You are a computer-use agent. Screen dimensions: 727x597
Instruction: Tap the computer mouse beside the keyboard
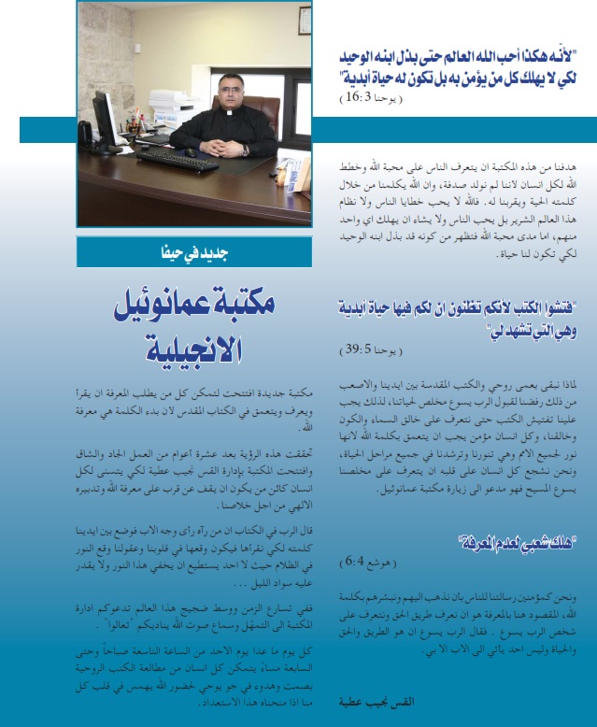191,152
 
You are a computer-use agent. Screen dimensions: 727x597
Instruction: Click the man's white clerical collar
229,112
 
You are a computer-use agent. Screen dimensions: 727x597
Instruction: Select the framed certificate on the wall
305,21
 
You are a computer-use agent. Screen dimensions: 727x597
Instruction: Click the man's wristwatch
245,150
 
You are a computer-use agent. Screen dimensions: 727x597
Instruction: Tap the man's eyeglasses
230,90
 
